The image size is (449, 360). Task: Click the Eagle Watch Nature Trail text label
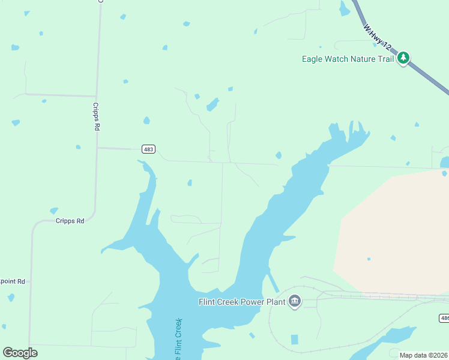348,58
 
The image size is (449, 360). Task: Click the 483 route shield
148,149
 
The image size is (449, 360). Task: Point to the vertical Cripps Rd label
95,116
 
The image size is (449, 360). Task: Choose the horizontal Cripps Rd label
70,221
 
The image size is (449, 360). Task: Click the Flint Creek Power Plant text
242,302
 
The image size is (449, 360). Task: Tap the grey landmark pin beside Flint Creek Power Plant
294,301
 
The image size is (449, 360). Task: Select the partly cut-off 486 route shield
444,317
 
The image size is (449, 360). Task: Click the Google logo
20,352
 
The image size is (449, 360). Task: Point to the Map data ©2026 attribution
424,355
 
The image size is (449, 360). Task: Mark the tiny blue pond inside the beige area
369,259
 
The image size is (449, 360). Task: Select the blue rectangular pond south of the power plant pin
294,340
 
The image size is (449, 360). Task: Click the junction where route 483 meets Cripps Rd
97,148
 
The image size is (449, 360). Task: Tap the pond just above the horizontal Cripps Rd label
53,211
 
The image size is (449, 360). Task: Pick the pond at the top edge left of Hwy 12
344,8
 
